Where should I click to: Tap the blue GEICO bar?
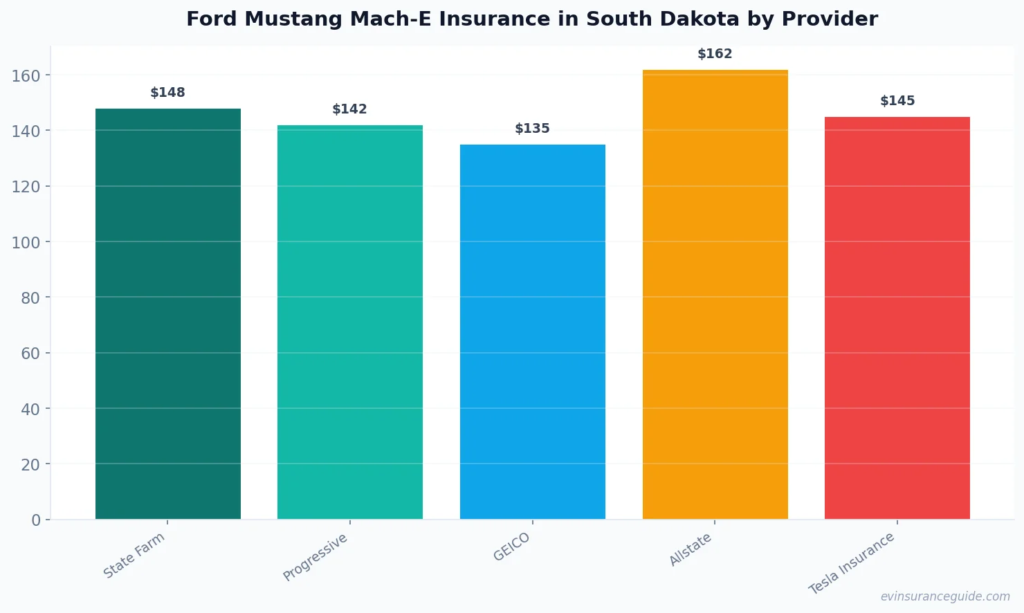pyautogui.click(x=533, y=331)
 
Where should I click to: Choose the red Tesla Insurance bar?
pyautogui.click(x=897, y=318)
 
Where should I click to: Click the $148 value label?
pyautogui.click(x=168, y=93)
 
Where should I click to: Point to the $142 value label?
pyautogui.click(x=350, y=109)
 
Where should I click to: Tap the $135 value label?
pyautogui.click(x=533, y=129)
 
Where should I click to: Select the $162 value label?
pyautogui.click(x=715, y=54)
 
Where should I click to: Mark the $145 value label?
pyautogui.click(x=897, y=101)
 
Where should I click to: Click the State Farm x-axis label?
pyautogui.click(x=134, y=555)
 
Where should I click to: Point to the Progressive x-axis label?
pyautogui.click(x=316, y=557)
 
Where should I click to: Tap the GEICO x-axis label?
pyautogui.click(x=512, y=547)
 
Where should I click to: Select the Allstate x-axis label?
pyautogui.click(x=691, y=549)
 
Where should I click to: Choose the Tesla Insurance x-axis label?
pyautogui.click(x=852, y=563)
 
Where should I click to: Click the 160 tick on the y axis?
pyautogui.click(x=26, y=75)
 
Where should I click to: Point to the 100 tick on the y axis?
pyautogui.click(x=26, y=242)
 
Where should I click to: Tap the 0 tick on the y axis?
pyautogui.click(x=36, y=520)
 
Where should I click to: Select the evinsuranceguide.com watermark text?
pyautogui.click(x=945, y=596)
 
